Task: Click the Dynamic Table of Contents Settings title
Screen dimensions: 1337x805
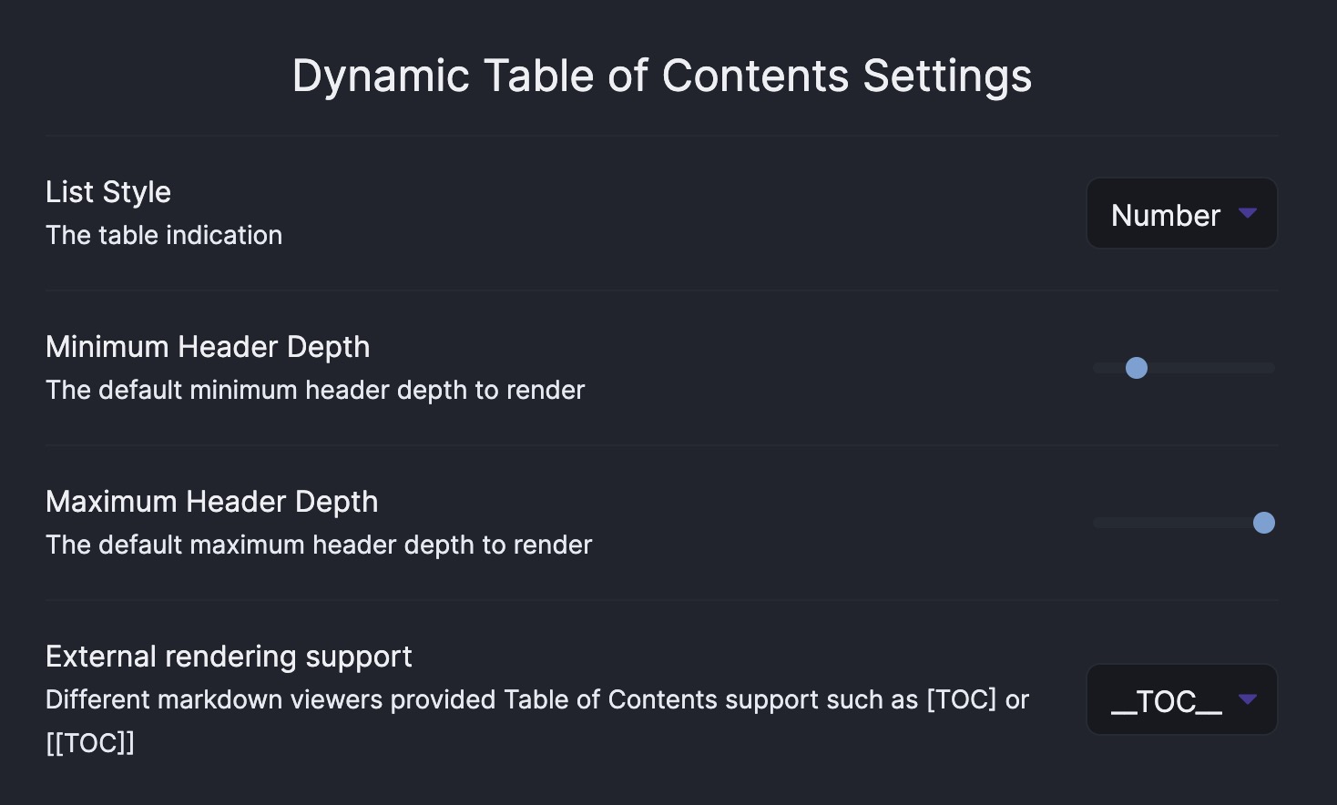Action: click(661, 76)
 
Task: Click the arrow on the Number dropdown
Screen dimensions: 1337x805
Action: click(1248, 213)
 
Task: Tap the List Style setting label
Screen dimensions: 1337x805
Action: click(108, 192)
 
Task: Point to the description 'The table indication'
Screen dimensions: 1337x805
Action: click(164, 235)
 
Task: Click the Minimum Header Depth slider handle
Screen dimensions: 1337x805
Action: click(1137, 368)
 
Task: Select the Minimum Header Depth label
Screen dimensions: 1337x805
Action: click(208, 347)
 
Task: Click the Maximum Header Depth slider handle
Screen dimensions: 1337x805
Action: click(1264, 523)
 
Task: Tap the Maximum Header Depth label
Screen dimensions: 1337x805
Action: click(211, 502)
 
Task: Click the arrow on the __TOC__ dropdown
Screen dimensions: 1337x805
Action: click(1248, 699)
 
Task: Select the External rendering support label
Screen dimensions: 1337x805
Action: click(229, 657)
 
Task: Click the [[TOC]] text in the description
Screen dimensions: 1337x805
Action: click(90, 743)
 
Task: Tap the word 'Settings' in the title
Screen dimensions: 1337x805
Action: click(947, 76)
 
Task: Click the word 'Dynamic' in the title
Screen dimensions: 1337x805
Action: click(381, 76)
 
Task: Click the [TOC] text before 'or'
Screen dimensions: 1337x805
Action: click(962, 699)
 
